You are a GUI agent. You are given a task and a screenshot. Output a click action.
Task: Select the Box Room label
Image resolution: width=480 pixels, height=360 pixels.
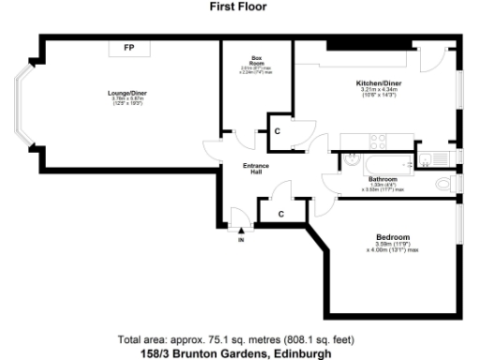click(248, 60)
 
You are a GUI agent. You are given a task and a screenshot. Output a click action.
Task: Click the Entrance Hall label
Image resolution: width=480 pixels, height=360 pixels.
click(257, 169)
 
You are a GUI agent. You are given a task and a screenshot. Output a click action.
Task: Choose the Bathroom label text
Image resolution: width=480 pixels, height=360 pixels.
click(382, 178)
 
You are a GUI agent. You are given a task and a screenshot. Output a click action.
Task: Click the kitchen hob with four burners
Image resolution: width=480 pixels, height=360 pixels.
click(378, 142)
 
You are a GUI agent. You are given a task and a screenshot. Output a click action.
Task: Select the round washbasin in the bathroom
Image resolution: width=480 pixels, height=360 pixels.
click(351, 159)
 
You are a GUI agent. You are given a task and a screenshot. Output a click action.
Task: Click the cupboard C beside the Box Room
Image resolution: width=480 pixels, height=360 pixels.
click(277, 130)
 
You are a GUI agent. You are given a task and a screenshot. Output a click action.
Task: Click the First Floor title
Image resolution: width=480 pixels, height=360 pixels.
click(239, 7)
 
